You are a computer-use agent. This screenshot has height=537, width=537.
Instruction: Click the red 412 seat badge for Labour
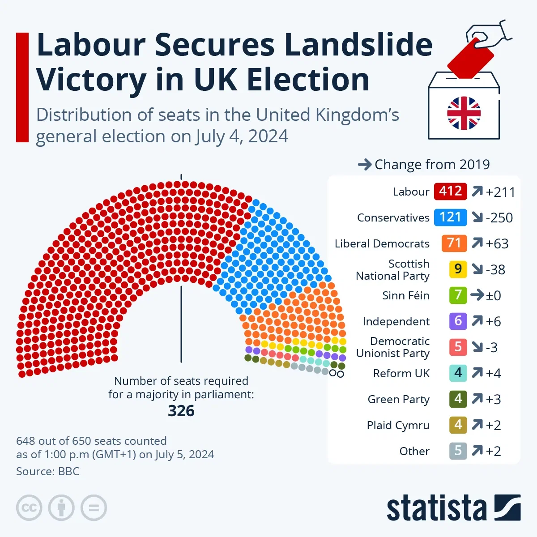click(x=450, y=192)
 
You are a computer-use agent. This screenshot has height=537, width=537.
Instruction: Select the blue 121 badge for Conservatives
click(x=450, y=217)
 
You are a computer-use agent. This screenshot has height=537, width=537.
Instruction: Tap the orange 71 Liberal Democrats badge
click(x=454, y=243)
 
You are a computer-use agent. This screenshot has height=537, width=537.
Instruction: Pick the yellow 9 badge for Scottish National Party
click(x=458, y=269)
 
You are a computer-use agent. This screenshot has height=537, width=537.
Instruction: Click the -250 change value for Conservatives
click(x=499, y=218)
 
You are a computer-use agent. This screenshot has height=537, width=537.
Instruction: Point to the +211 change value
click(x=500, y=192)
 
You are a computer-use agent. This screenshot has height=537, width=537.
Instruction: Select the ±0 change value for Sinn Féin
click(x=493, y=295)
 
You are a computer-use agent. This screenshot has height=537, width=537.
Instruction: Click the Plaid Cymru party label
click(x=398, y=425)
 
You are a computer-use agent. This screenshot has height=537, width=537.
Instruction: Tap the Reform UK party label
click(x=401, y=373)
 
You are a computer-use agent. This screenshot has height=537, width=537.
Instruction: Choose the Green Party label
click(x=398, y=399)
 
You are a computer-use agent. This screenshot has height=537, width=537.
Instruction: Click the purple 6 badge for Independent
click(x=458, y=321)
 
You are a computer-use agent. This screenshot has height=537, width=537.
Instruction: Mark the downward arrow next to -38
click(x=477, y=269)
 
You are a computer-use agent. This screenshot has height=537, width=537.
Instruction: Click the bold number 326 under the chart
click(x=181, y=411)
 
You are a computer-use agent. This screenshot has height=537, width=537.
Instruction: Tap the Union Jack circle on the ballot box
click(x=464, y=113)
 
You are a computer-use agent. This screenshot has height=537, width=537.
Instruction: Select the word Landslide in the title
click(x=358, y=45)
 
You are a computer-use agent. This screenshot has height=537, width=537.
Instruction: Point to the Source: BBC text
click(x=47, y=471)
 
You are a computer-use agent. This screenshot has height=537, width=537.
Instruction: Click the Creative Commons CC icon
click(x=29, y=508)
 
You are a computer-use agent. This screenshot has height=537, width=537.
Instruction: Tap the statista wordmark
click(x=436, y=509)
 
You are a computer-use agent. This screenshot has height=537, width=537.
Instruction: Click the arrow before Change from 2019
click(x=365, y=165)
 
